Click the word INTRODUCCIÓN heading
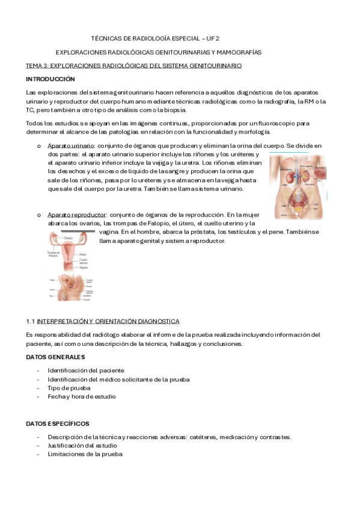50,79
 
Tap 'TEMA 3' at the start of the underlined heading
36,65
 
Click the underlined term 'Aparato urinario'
71,146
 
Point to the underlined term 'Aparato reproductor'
77,214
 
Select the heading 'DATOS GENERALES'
55,358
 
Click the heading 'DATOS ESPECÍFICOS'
58,424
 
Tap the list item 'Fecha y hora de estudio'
82,397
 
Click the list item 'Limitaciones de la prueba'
85,454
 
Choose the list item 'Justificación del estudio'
82,446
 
